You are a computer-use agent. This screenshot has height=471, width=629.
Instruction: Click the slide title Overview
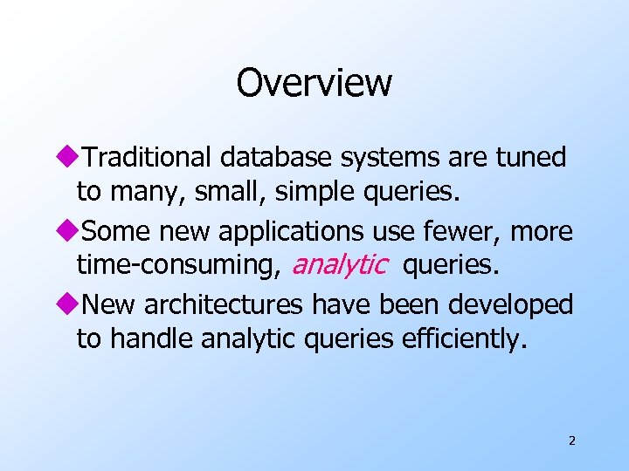pyautogui.click(x=314, y=84)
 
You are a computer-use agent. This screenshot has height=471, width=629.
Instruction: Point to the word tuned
pyautogui.click(x=531, y=158)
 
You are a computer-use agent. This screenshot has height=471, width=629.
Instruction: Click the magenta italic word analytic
pyautogui.click(x=339, y=264)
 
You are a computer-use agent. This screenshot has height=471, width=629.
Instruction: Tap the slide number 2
pyautogui.click(x=571, y=440)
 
